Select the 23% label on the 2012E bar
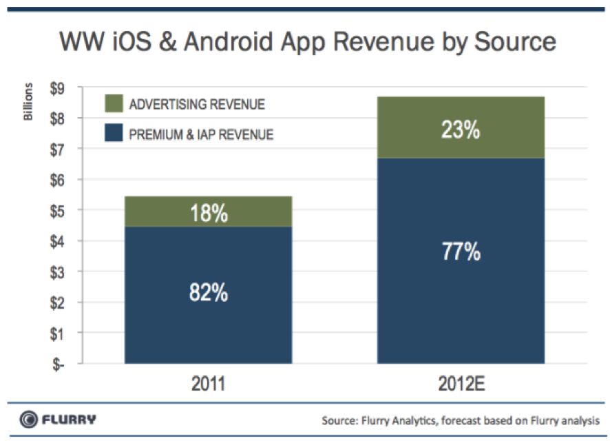[461, 130]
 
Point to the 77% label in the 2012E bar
[461, 252]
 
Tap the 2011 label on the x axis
[208, 384]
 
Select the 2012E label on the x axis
[460, 384]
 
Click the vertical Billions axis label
[29, 102]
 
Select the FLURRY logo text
[70, 419]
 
